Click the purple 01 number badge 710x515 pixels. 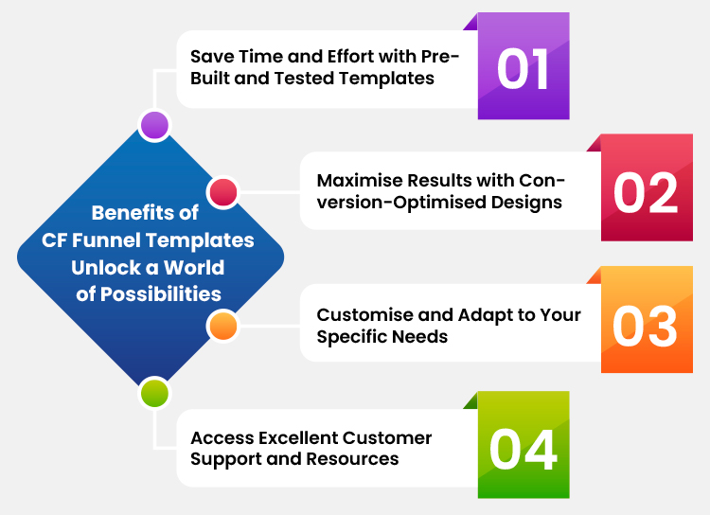pyautogui.click(x=524, y=71)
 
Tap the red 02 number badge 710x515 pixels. pyautogui.click(x=646, y=191)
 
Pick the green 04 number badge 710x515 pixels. pyautogui.click(x=523, y=450)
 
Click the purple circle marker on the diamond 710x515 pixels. pyautogui.click(x=153, y=125)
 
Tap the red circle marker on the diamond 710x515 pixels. pyautogui.click(x=222, y=192)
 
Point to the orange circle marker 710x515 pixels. pyautogui.click(x=222, y=325)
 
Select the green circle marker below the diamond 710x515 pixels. pyautogui.click(x=153, y=392)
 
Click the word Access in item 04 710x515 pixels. pyautogui.click(x=222, y=437)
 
